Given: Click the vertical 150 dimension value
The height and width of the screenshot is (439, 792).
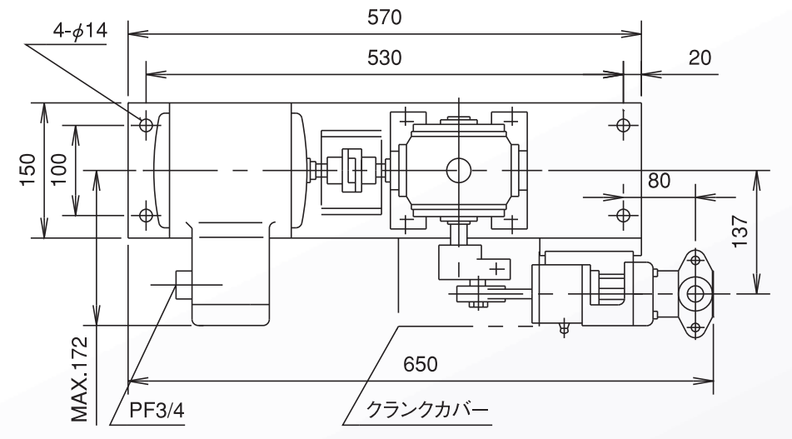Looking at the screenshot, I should [x=27, y=170].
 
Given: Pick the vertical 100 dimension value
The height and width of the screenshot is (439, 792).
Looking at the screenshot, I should [x=59, y=169].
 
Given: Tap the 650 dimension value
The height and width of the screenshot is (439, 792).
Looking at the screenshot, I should [x=421, y=365].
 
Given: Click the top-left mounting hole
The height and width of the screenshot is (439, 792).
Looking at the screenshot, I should [x=147, y=125].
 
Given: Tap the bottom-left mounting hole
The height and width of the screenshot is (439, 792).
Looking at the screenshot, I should [x=147, y=216].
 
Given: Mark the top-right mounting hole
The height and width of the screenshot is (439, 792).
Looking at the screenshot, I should [x=623, y=124].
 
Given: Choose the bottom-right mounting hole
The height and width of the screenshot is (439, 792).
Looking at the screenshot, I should [x=623, y=216].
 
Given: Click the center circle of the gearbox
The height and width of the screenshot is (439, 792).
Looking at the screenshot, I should [x=457, y=171].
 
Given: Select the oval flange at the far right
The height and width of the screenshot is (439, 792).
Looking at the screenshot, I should [x=694, y=293].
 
